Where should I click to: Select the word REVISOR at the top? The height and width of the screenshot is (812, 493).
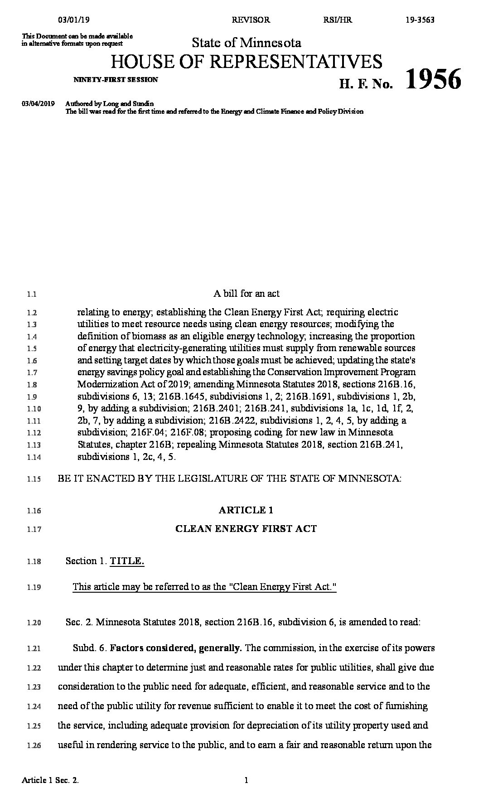coord(251,20)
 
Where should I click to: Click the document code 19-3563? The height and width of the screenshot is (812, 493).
coord(420,20)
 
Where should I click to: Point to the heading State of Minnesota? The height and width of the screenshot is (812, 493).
coord(246,43)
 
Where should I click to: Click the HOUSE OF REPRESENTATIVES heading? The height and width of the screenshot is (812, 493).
coord(246,61)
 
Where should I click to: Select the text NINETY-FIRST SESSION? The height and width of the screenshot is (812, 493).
coord(116,80)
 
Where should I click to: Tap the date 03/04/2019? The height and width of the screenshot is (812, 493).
coord(38,104)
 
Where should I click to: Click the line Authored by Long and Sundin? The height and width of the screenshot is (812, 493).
coord(110,104)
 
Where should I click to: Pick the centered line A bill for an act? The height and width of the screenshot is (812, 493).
coord(246,294)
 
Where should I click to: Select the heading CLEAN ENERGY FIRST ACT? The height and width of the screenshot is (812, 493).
coord(246,528)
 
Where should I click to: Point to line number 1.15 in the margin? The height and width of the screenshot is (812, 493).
coord(34,479)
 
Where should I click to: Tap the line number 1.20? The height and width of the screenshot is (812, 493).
coord(34,623)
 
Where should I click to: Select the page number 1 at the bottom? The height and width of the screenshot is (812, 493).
coord(246,793)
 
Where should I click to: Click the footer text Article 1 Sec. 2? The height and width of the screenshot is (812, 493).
coord(53,793)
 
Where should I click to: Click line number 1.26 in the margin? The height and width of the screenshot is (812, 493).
coord(34,745)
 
